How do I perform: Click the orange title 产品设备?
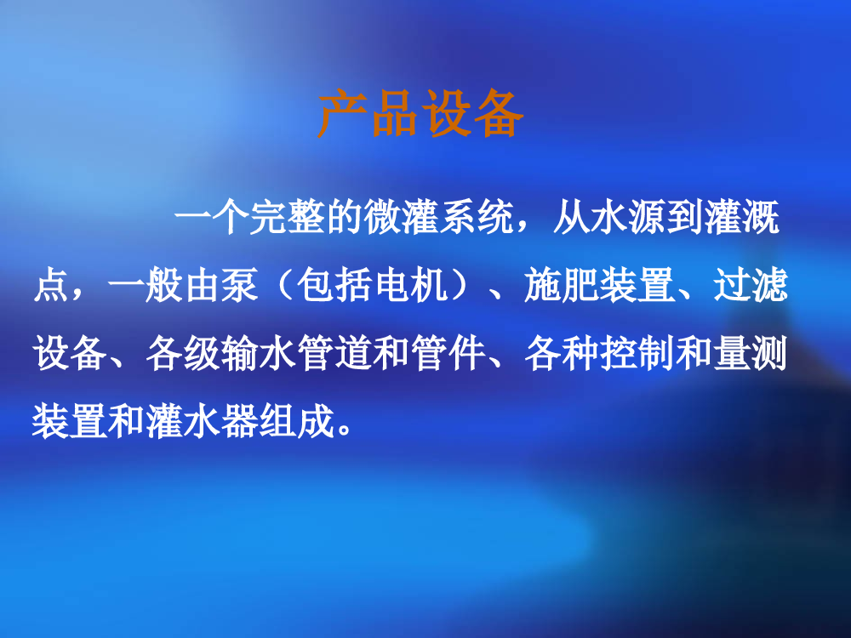[420, 113]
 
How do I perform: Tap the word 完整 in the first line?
[287, 218]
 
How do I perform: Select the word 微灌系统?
[439, 218]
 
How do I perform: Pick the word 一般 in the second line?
[146, 285]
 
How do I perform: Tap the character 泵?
[240, 285]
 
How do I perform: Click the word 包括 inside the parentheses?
[334, 285]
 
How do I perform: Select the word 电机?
[411, 285]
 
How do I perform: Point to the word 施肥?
[563, 285]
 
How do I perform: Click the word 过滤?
[751, 285]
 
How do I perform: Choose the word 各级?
[184, 353]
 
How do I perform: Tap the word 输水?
[260, 353]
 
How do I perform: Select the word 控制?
[637, 353]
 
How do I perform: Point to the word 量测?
[751, 353]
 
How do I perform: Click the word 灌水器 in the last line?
[203, 421]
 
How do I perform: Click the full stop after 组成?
[345, 430]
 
